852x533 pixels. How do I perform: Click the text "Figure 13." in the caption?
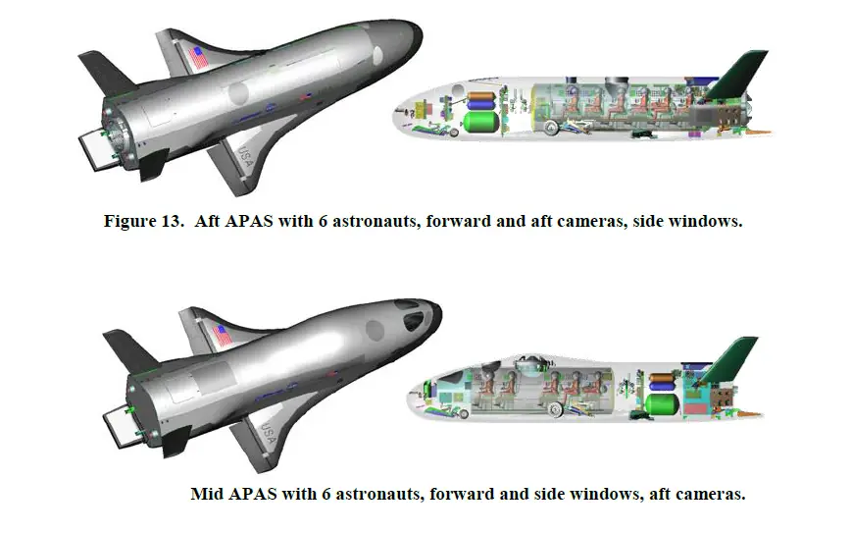coord(143,222)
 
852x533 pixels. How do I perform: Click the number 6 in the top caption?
coord(323,222)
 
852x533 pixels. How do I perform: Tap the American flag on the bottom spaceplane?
coord(224,336)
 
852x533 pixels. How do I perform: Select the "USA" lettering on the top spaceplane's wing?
coord(245,157)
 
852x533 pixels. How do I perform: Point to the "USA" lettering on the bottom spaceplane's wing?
coord(268,434)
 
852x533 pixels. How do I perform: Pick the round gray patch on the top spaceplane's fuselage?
coord(238,93)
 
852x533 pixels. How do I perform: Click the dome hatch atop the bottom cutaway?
coord(527,363)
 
